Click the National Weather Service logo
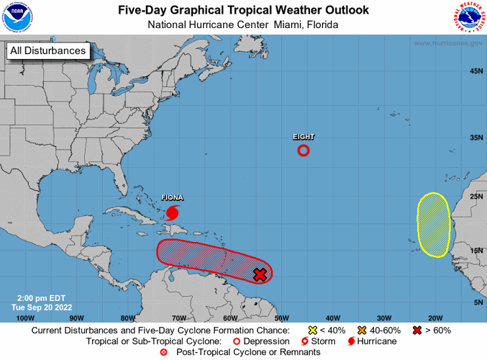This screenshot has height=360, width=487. (469, 18)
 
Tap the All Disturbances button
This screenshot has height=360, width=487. (48, 50)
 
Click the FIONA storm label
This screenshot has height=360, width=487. (171, 197)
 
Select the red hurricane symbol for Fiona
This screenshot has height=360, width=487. (173, 212)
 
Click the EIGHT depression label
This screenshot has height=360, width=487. (304, 136)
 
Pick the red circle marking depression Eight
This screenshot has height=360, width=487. (304, 150)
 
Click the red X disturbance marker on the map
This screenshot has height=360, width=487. (260, 274)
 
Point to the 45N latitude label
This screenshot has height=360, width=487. (475, 71)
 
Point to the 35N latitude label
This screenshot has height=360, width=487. (475, 137)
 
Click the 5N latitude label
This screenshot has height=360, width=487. (477, 303)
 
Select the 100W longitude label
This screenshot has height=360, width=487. (25, 318)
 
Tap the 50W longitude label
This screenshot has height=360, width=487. (281, 318)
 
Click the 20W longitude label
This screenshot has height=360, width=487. (434, 318)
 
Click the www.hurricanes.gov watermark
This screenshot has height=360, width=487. (447, 43)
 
